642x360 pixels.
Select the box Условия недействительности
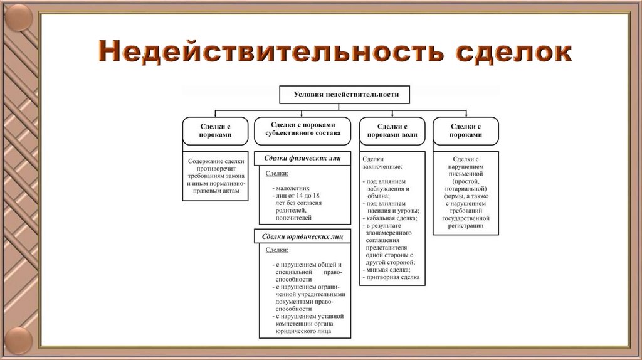pyautogui.click(x=346, y=94)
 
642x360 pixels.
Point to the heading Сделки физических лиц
pyautogui.click(x=303, y=158)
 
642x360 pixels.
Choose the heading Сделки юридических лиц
pyautogui.click(x=303, y=236)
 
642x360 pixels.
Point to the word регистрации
pyautogui.click(x=466, y=225)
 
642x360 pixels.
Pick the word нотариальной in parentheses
pyautogui.click(x=466, y=188)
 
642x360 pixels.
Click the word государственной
pyautogui.click(x=466, y=218)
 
